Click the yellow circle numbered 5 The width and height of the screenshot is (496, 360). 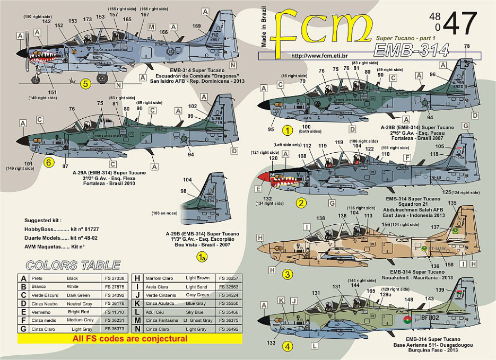coord(85,83)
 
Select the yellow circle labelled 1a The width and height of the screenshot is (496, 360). coord(201,257)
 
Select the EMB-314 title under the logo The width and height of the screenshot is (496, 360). coord(411,49)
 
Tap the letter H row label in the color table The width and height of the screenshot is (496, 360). coord(137,278)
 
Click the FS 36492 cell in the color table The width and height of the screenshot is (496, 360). coord(229,329)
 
